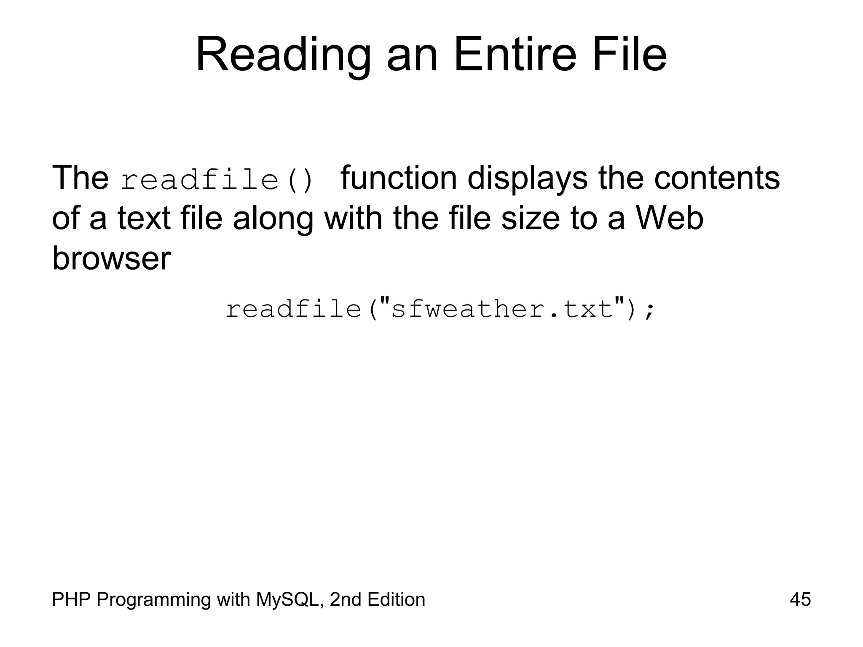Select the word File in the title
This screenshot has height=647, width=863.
click(630, 56)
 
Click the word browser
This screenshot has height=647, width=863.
click(111, 258)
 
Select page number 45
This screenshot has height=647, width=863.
click(800, 599)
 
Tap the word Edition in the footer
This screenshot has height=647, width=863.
click(396, 599)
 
